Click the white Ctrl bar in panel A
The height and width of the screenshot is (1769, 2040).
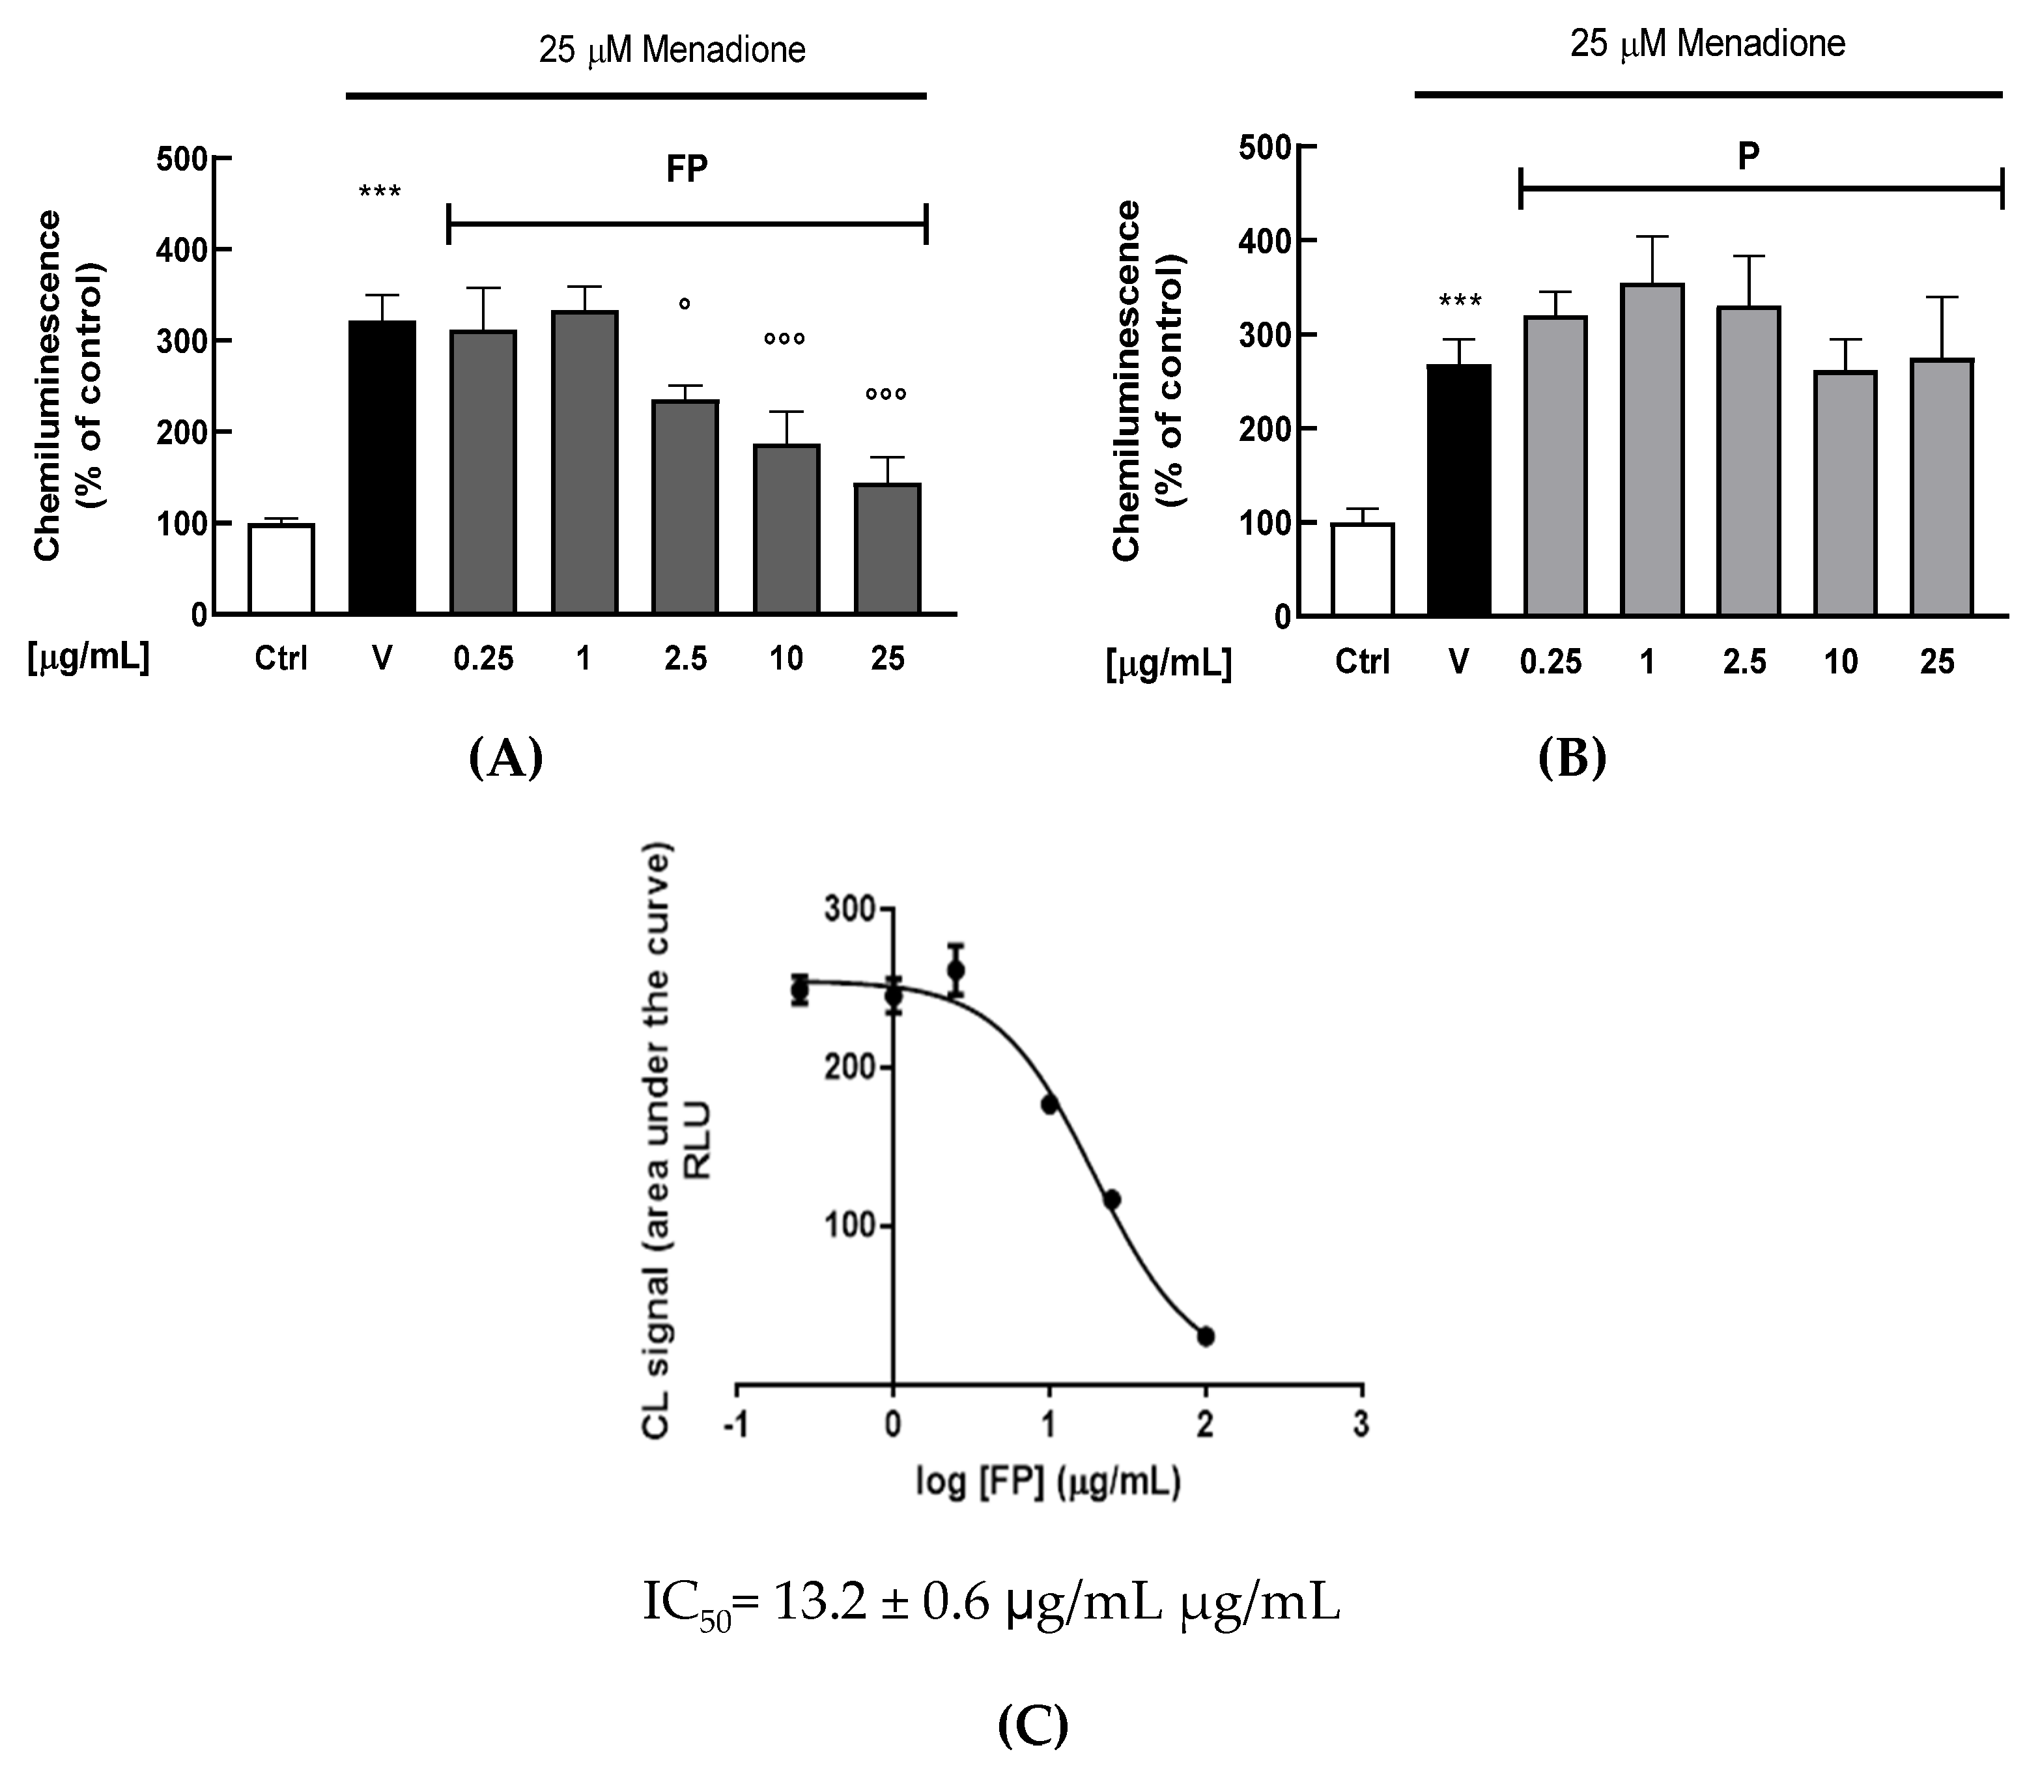[x=281, y=570]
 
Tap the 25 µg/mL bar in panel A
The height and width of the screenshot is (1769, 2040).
[x=887, y=549]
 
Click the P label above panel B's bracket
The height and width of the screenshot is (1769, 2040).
[x=1748, y=156]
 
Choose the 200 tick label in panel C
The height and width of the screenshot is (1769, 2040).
[x=850, y=1068]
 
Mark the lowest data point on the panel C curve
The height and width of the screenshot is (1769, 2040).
[x=1205, y=1337]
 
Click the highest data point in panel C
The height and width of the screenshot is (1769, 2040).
[x=956, y=970]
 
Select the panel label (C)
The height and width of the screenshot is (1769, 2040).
[x=1032, y=1725]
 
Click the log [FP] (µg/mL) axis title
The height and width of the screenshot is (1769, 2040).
[x=1048, y=1482]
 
